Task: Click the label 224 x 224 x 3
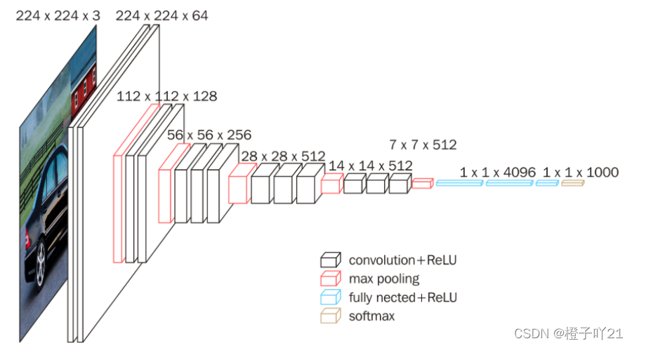pyautogui.click(x=58, y=15)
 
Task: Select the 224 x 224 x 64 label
pyautogui.click(x=162, y=15)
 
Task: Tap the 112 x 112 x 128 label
pyautogui.click(x=166, y=97)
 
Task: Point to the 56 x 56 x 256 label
pyautogui.click(x=209, y=135)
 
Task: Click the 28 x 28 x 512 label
pyautogui.click(x=283, y=155)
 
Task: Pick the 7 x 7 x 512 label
pyautogui.click(x=423, y=145)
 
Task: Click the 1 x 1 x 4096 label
pyautogui.click(x=498, y=172)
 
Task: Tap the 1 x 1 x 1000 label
pyautogui.click(x=581, y=172)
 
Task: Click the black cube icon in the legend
pyautogui.click(x=330, y=260)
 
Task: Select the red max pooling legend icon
pyautogui.click(x=330, y=279)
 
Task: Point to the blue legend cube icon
pyautogui.click(x=330, y=298)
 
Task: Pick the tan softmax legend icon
pyautogui.click(x=330, y=316)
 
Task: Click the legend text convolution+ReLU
pyautogui.click(x=402, y=260)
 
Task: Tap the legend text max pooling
pyautogui.click(x=383, y=279)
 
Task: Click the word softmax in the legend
pyautogui.click(x=371, y=316)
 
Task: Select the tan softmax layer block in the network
pyautogui.click(x=572, y=183)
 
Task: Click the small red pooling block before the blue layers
pyautogui.click(x=421, y=183)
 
